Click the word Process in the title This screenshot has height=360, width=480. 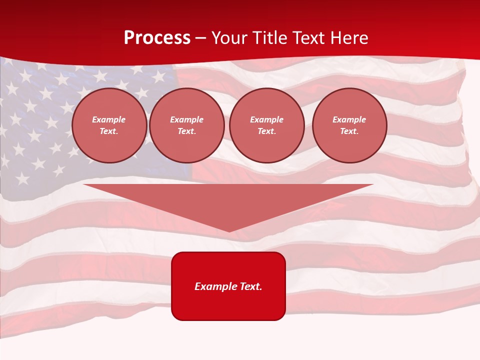(157, 38)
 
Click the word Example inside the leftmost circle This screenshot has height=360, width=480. (109, 119)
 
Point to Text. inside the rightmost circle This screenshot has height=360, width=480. (349, 131)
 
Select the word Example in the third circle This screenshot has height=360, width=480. (267, 119)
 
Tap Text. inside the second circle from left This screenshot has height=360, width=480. (187, 131)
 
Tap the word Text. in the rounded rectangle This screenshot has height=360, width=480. (250, 286)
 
